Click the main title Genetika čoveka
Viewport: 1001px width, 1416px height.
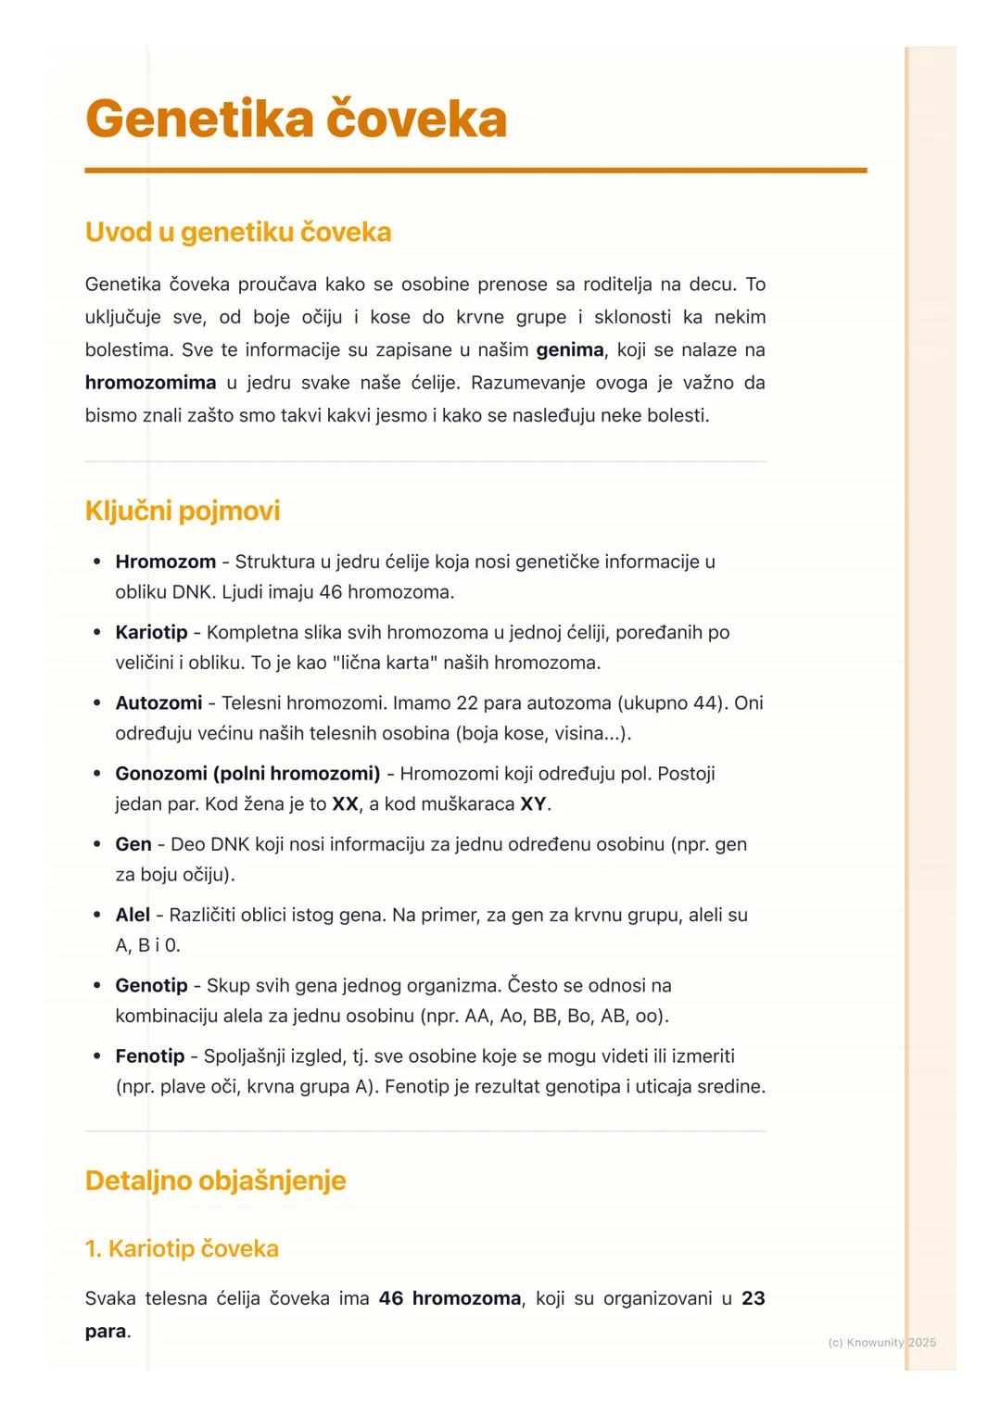tap(296, 120)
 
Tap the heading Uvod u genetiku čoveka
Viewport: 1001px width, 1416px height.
tap(238, 232)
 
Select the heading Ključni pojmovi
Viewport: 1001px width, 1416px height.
tap(183, 511)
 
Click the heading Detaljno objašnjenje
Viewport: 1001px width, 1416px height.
tap(215, 1181)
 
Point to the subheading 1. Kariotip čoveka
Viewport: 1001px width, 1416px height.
tap(182, 1248)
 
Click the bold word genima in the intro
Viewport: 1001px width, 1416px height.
tap(570, 350)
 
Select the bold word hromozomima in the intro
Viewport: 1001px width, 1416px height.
tap(150, 383)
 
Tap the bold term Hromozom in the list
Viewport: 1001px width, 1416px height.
tap(165, 562)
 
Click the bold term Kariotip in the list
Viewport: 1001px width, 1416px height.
tap(151, 632)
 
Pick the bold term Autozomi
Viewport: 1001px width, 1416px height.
tap(158, 702)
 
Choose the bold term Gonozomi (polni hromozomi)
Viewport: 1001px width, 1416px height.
tap(247, 773)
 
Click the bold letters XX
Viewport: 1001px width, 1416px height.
tap(345, 803)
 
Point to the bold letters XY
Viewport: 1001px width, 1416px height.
tap(533, 803)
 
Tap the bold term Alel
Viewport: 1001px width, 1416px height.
tap(133, 915)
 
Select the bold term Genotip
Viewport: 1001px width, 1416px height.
tap(151, 985)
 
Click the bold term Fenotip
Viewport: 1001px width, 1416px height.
tap(149, 1056)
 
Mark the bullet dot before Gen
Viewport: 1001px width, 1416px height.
tap(97, 844)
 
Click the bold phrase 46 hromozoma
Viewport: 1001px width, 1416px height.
tap(450, 1298)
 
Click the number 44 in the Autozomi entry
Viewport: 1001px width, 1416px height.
tap(705, 702)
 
